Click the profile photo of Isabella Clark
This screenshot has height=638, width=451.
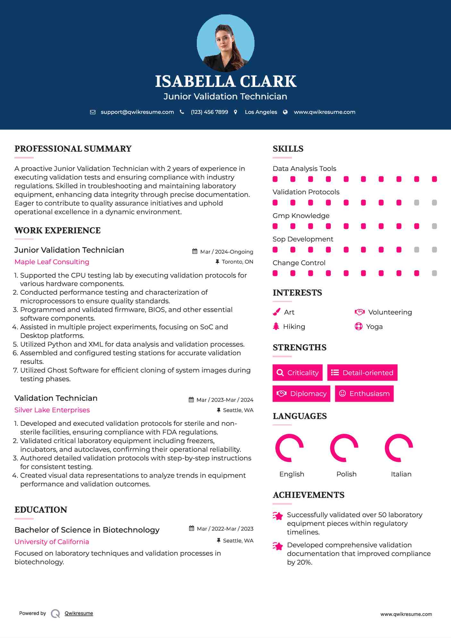[x=225, y=43]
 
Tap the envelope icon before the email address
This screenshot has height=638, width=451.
[x=93, y=112]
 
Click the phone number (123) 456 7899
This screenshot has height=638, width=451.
[x=209, y=112]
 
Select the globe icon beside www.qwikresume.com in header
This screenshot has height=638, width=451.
[x=285, y=112]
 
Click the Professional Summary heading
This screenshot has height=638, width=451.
[x=73, y=149]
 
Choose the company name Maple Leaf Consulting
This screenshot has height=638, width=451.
[x=52, y=262]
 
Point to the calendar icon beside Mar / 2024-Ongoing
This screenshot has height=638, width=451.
[x=195, y=252]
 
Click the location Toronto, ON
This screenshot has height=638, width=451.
[x=237, y=262]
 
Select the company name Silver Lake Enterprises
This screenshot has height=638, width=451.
[x=52, y=410]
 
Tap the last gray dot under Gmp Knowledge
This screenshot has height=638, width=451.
[x=434, y=226]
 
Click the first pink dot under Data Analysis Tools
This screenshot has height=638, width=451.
[x=275, y=179]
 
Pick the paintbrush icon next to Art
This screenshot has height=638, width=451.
[x=276, y=312]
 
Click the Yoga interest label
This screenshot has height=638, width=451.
[x=374, y=327]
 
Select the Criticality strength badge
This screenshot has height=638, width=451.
[x=297, y=373]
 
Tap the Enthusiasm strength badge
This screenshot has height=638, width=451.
[x=364, y=394]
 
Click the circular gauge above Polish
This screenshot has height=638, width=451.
[x=344, y=448]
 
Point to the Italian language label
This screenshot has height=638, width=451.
[x=401, y=474]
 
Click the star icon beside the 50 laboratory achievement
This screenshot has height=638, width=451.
[x=278, y=516]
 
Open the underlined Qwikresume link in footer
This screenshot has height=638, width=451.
[x=79, y=613]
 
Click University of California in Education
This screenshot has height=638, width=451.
[x=52, y=542]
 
